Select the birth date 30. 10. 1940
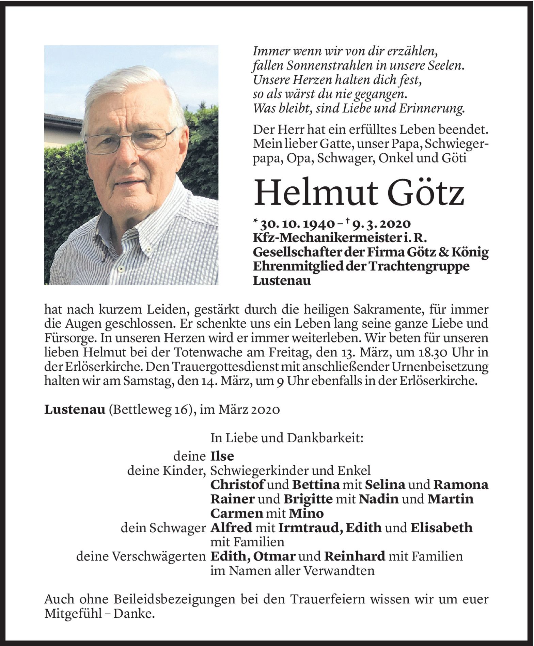pos(296,224)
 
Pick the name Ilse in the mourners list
pos(222,456)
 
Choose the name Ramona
pos(461,484)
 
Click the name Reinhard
pos(354,556)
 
